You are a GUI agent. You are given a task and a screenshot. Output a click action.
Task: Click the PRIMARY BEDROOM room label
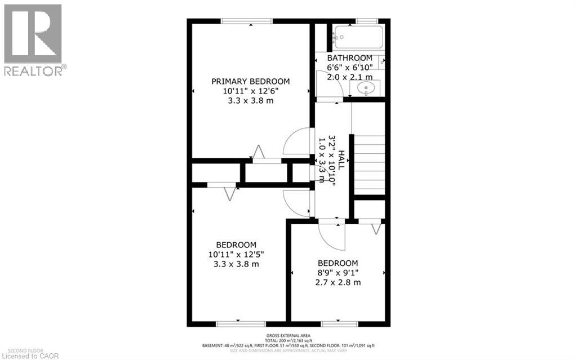coord(250,81)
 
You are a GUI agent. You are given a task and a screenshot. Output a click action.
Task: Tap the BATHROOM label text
coord(349,58)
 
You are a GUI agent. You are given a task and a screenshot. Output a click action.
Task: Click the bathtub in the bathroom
coord(357,37)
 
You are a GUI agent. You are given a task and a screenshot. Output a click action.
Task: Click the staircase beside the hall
coord(369,163)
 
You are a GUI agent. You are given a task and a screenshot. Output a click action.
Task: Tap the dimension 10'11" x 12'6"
coord(250,91)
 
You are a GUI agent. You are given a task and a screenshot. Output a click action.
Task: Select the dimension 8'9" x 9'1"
coord(338,273)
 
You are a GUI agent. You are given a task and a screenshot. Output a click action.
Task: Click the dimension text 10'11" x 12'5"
coord(236,255)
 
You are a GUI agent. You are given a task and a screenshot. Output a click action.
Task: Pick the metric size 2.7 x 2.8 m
coord(338,282)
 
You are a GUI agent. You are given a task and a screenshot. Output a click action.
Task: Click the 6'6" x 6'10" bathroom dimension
coord(349,68)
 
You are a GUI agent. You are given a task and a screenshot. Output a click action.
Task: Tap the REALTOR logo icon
coord(33,34)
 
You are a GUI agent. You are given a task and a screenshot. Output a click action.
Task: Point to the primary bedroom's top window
coord(247,21)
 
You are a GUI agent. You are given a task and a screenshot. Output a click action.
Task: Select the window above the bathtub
coord(367,21)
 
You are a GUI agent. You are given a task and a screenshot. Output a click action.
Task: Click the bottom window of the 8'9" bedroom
coord(339,324)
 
